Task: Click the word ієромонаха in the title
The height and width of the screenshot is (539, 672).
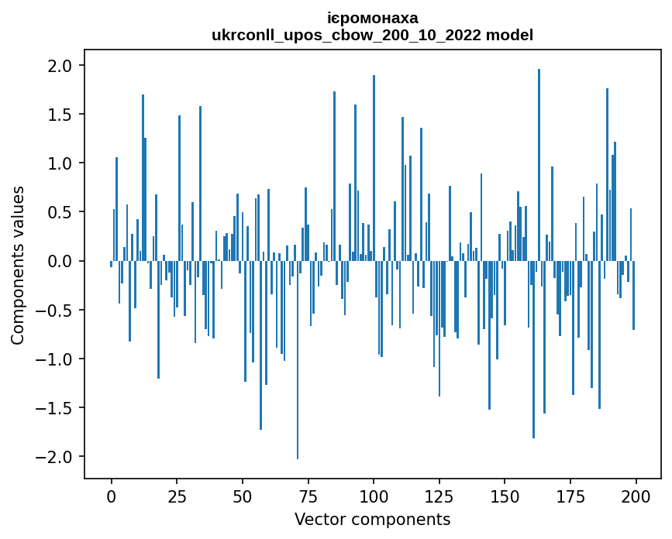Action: pos(372,18)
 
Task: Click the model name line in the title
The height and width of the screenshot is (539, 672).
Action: pos(372,35)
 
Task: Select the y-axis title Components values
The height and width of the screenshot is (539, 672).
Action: pos(18,265)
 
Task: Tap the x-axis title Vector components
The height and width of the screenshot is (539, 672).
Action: pos(372,519)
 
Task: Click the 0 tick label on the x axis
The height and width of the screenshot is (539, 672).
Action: pos(112,495)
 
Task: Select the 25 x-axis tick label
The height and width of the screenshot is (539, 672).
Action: pos(177,495)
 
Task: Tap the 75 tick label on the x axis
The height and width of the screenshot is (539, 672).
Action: pos(308,495)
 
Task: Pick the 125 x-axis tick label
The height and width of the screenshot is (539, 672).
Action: pos(439,495)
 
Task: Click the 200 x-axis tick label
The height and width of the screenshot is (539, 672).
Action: pos(636,495)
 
